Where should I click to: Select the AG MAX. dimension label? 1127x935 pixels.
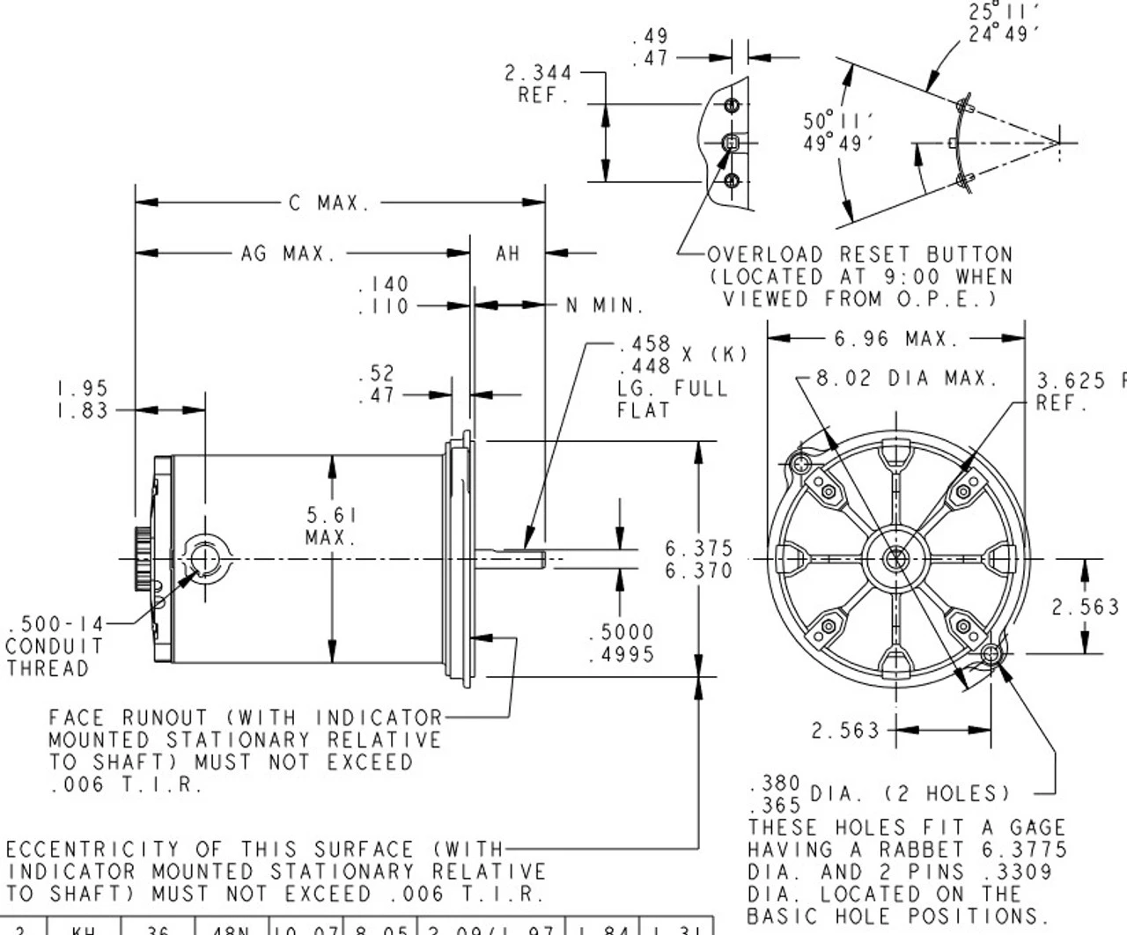coord(289,254)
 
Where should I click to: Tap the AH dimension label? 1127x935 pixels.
coord(508,254)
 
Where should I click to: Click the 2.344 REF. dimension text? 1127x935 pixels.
coord(538,84)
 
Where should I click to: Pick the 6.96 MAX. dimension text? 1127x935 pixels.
coord(895,338)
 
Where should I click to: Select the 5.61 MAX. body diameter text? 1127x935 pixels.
coord(331,526)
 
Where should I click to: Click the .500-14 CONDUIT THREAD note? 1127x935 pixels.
coord(55,646)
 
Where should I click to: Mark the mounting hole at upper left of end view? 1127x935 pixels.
coord(799,463)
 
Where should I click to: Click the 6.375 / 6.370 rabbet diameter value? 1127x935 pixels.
coord(698,559)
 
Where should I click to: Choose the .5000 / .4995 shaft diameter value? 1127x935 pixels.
coord(622,643)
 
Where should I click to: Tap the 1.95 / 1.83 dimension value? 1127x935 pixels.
coord(82,399)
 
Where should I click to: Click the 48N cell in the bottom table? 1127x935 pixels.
coord(232,928)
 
